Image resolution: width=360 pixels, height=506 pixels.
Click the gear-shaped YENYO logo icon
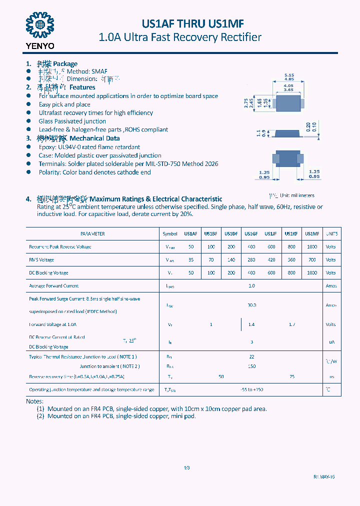[x=39, y=24]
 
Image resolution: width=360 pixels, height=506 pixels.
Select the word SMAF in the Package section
[x=99, y=71]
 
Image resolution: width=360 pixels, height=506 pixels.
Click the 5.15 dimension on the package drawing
[x=289, y=75]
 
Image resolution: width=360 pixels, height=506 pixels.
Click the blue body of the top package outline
[x=288, y=103]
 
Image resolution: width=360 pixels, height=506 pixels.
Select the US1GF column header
[x=251, y=234]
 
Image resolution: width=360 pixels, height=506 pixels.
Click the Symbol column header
[x=170, y=234]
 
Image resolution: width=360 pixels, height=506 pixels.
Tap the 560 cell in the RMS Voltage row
[x=291, y=260]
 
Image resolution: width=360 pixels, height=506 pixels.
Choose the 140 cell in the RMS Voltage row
[x=231, y=260]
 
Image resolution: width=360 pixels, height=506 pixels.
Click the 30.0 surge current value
[x=251, y=305]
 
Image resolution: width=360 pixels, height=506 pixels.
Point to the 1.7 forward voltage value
[x=291, y=324]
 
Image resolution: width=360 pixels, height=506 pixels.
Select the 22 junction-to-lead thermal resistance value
[x=251, y=357]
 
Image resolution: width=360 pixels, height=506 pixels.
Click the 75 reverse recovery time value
[x=291, y=376]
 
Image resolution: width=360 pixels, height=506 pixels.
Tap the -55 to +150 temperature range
[x=251, y=389]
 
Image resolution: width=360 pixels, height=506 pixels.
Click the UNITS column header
[x=331, y=234]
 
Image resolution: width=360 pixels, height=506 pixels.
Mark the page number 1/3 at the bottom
[x=186, y=468]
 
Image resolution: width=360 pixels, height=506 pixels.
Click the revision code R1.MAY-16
[x=324, y=477]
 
